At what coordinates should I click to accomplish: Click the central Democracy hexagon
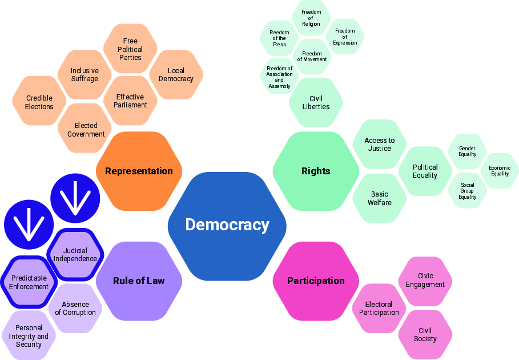pos(227,226)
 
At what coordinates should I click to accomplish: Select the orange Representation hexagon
pos(139,171)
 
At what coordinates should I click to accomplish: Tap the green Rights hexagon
pos(316,171)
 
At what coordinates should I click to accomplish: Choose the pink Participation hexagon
pos(316,281)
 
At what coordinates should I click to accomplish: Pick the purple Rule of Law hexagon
pos(139,281)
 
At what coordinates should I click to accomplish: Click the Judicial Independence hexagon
pos(75,254)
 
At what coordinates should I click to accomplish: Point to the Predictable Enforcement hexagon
pos(29,282)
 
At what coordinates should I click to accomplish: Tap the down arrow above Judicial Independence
pos(75,198)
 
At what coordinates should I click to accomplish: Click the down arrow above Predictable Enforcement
pos(29,225)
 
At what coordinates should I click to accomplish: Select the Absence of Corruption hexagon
pos(75,309)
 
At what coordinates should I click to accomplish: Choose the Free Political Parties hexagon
pos(130,49)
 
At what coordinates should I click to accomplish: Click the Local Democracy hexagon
pos(176,74)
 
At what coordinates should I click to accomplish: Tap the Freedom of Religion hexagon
pos(311,18)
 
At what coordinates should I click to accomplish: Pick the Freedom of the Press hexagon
pos(279,38)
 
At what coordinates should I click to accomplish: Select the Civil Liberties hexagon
pos(316,102)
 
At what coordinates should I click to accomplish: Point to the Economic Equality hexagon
pos(500,171)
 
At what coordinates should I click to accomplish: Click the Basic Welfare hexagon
pos(379,198)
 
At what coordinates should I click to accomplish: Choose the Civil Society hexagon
pos(425,334)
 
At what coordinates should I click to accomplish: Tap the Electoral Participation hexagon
pos(379,309)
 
